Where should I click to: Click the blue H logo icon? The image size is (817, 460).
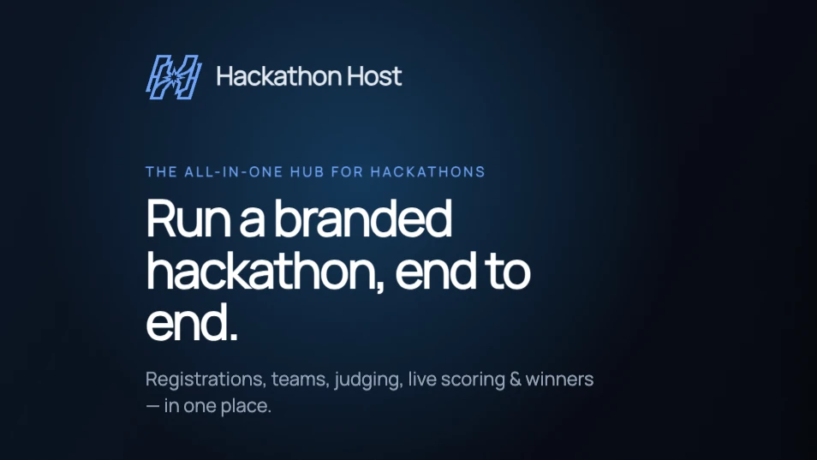(x=174, y=76)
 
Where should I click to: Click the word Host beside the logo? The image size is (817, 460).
(x=374, y=76)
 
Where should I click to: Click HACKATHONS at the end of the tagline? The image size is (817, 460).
(x=428, y=172)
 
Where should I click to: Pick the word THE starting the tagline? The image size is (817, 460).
(x=161, y=172)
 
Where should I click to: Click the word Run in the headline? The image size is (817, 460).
(x=188, y=218)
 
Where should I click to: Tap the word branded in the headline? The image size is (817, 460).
(x=362, y=218)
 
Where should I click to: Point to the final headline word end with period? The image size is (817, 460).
(x=192, y=322)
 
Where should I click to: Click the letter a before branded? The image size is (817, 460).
(x=252, y=223)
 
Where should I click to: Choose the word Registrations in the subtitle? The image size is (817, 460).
(x=206, y=379)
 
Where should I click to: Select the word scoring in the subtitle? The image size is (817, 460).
(x=473, y=379)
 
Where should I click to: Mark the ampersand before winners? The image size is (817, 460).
(x=516, y=379)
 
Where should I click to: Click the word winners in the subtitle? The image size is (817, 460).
(x=559, y=379)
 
